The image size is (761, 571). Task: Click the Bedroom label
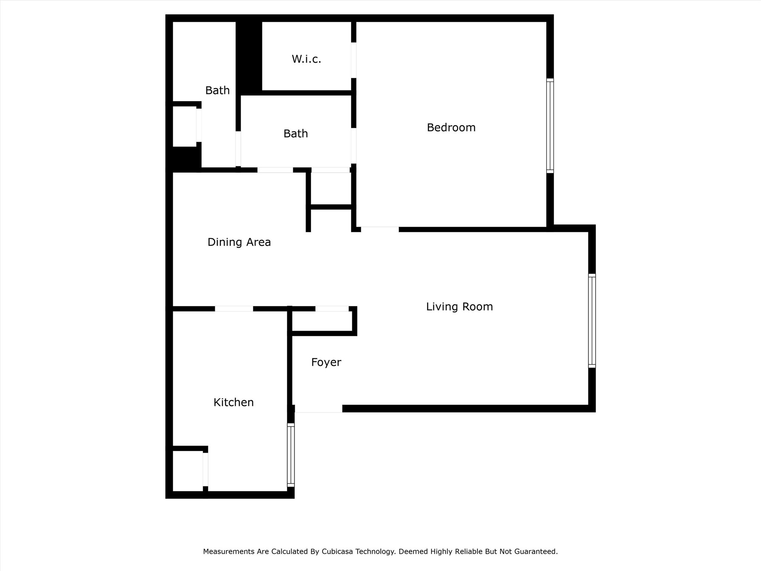451,128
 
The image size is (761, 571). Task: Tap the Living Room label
459,307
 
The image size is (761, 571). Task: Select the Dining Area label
239,242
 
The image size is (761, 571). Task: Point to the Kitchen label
233,402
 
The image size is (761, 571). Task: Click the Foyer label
326,362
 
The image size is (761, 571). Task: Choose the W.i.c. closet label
306,59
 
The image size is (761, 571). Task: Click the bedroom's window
550,126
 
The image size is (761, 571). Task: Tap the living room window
592,321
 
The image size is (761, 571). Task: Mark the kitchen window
291,455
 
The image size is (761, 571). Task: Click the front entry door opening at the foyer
318,409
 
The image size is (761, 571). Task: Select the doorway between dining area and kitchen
234,309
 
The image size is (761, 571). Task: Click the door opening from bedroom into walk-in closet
354,60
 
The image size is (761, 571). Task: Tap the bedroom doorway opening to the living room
379,229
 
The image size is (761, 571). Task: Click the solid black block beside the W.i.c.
249,56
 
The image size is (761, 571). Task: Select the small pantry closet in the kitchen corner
188,471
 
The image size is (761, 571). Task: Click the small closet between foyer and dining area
322,321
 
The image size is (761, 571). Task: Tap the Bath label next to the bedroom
295,133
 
